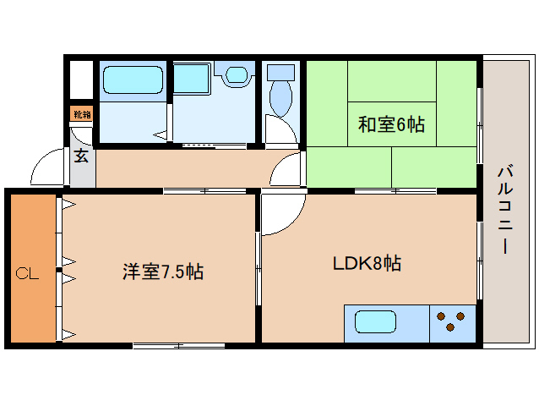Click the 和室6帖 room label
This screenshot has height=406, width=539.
[x=390, y=125]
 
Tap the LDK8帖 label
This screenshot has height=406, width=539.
[x=366, y=263]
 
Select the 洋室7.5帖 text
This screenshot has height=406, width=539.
[x=162, y=272]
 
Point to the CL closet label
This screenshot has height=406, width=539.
[x=28, y=273]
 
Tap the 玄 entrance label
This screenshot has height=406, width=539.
[x=81, y=156]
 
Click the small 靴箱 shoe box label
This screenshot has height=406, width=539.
[x=81, y=114]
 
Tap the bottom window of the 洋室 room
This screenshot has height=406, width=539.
[x=178, y=345]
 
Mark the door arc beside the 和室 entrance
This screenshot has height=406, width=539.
[x=288, y=172]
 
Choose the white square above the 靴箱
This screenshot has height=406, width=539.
[x=81, y=81]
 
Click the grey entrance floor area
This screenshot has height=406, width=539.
[x=82, y=173]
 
